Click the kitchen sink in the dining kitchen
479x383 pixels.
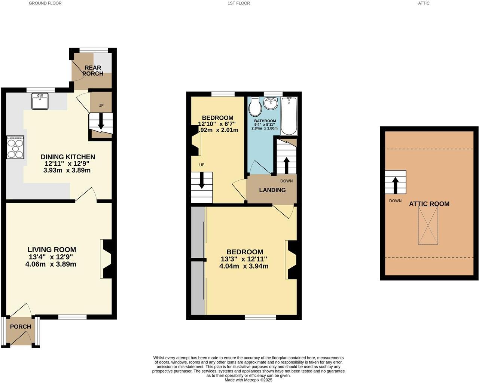click(40, 101)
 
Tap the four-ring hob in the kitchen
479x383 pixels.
click(15, 147)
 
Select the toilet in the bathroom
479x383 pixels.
click(255, 107)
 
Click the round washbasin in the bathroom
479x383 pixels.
click(271, 103)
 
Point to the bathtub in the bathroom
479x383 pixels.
click(289, 116)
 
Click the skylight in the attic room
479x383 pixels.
click(428, 226)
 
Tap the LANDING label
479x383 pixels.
click(272, 190)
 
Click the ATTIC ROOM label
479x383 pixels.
click(429, 204)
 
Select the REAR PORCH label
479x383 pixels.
click(93, 71)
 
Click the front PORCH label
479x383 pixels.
click(21, 327)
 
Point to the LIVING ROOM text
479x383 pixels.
click(52, 249)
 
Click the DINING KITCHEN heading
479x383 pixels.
click(68, 157)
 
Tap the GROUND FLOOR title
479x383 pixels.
click(45, 3)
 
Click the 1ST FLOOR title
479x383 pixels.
click(238, 3)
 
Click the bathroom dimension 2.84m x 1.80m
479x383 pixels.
click(265, 128)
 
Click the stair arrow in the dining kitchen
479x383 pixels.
click(101, 123)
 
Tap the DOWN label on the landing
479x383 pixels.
click(286, 181)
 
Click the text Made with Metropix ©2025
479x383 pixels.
click(248, 380)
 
